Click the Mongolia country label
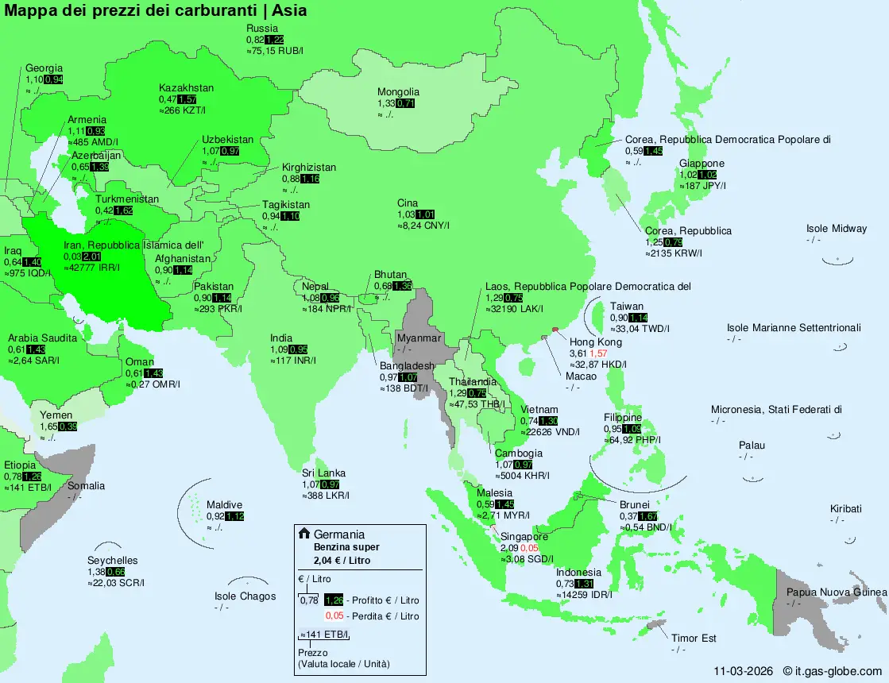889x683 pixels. point(398,92)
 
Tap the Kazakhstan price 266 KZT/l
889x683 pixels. point(183,110)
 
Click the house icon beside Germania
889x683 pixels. point(303,534)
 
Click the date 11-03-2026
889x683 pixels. point(742,671)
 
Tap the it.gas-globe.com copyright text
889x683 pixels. point(833,671)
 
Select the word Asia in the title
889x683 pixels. point(290,10)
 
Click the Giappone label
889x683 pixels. point(702,164)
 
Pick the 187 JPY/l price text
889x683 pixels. point(703,186)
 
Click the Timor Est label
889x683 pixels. point(694,639)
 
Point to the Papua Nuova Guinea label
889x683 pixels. point(837,592)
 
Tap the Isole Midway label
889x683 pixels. point(837,229)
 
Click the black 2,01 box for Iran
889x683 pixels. point(91,257)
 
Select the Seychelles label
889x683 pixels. point(112,561)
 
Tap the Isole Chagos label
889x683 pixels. point(245,596)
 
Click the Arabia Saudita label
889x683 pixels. point(43,338)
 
